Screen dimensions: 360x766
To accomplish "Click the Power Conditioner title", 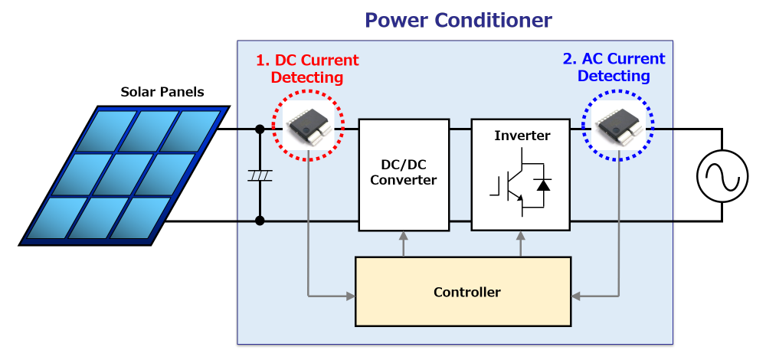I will (x=458, y=19).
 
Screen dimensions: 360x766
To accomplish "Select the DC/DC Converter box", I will (x=403, y=175).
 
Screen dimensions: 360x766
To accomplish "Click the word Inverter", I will (x=522, y=136).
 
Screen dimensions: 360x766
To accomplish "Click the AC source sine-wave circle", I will (x=722, y=176).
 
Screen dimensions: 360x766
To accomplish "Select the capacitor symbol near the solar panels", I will (x=260, y=176).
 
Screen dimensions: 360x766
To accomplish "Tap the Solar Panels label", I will (x=162, y=93).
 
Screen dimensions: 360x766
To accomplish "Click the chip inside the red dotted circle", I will (x=308, y=125).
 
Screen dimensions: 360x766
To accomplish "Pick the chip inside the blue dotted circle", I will (x=617, y=125).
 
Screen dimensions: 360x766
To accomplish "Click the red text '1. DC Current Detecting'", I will (x=307, y=69).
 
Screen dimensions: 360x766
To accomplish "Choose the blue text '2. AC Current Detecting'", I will (x=614, y=67).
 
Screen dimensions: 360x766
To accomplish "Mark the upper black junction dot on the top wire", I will (x=260, y=129).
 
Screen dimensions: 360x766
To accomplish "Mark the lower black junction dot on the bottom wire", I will (x=260, y=221).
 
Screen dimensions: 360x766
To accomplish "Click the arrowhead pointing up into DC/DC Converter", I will (x=403, y=237).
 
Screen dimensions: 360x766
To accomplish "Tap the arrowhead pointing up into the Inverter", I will (x=521, y=237).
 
